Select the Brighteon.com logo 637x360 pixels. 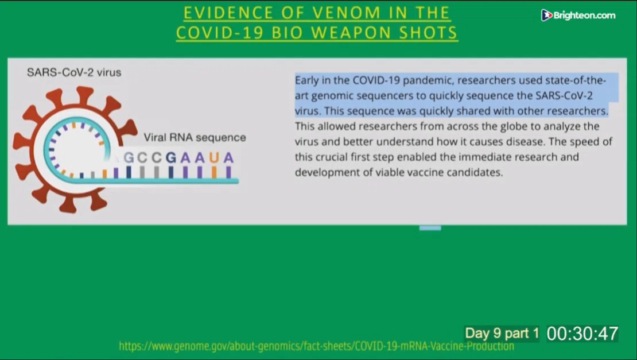(x=578, y=16)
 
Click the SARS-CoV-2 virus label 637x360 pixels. (x=74, y=72)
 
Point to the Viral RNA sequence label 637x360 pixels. (x=195, y=137)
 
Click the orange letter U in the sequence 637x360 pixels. (x=214, y=157)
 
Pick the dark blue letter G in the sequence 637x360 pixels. (x=170, y=157)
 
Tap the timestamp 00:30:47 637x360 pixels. (x=582, y=334)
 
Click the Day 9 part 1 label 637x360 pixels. (x=502, y=333)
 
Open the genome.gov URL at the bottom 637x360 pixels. (x=316, y=346)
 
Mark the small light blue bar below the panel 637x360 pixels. (x=430, y=228)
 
